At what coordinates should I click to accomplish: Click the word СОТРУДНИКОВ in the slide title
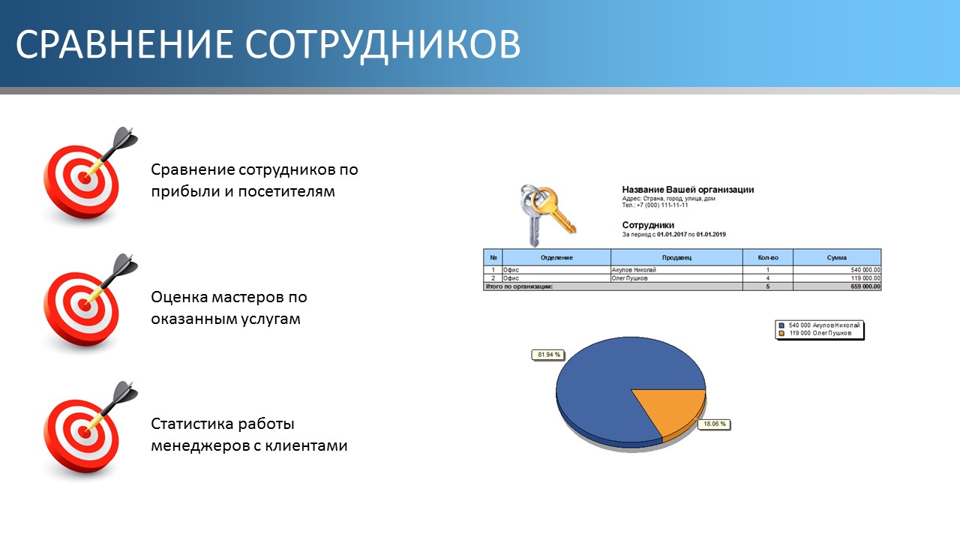[382, 44]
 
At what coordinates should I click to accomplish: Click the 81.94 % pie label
[548, 355]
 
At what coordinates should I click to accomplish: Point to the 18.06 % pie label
[715, 424]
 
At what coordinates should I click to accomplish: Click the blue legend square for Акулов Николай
[781, 325]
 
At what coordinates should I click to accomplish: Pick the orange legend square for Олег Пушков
[781, 334]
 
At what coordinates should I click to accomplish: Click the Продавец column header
[676, 257]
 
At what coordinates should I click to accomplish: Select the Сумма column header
[836, 257]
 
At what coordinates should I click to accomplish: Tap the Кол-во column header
[767, 257]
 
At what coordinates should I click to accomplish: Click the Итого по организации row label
[520, 286]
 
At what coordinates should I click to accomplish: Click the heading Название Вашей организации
[688, 190]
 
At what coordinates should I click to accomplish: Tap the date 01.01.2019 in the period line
[711, 235]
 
